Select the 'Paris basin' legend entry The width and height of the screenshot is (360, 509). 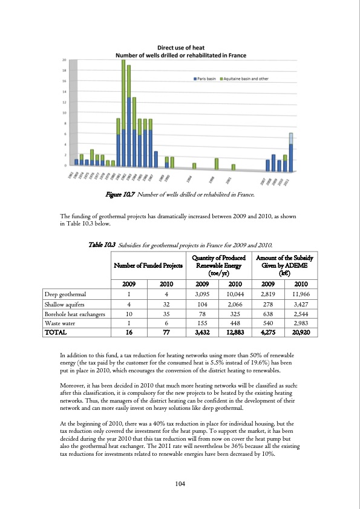pos(206,79)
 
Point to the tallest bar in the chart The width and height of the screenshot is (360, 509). pos(123,112)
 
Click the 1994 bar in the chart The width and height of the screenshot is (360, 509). pos(194,166)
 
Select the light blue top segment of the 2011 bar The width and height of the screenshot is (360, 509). pos(291,138)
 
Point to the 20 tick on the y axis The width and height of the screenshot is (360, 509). pos(64,60)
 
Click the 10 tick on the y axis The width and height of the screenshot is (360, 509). pos(64,113)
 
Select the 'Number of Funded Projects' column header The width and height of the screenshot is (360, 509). pos(148,265)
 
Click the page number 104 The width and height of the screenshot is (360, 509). pos(180,484)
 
